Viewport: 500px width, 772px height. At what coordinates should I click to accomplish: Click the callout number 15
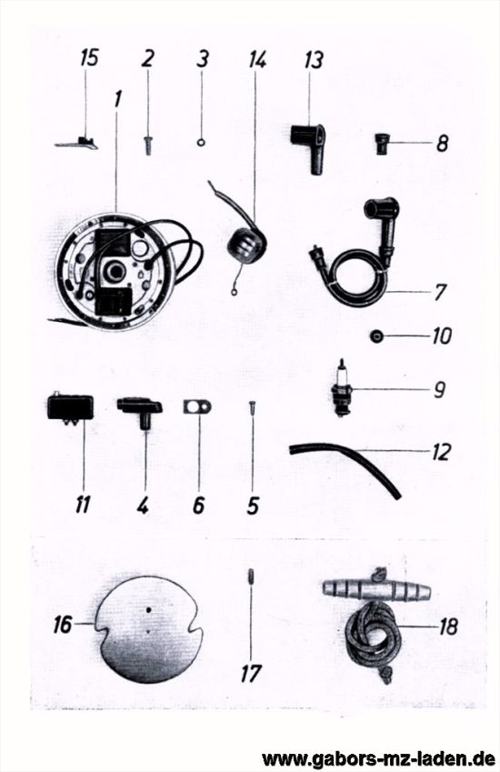tap(89, 57)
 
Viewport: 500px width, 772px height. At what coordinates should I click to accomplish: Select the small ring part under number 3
tap(201, 142)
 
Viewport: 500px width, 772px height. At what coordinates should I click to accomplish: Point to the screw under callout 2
tap(147, 145)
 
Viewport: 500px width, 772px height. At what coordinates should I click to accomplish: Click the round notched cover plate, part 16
tap(148, 628)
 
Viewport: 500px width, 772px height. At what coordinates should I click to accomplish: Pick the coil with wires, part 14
tap(245, 244)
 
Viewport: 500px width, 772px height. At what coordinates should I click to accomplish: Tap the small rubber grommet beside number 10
tap(376, 336)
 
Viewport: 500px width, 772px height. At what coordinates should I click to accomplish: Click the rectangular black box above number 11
tap(70, 406)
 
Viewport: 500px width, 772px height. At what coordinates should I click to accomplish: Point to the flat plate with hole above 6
tap(197, 407)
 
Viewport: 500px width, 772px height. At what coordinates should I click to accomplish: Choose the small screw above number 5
tap(252, 409)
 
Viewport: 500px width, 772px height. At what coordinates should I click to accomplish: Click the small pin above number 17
tap(251, 576)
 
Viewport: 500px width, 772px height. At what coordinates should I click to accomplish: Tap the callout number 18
tap(448, 627)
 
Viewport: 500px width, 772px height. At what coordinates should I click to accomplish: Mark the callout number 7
tap(439, 292)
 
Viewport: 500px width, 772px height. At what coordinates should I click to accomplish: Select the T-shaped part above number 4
tap(140, 412)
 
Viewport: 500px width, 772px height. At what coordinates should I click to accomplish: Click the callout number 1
tap(116, 98)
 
